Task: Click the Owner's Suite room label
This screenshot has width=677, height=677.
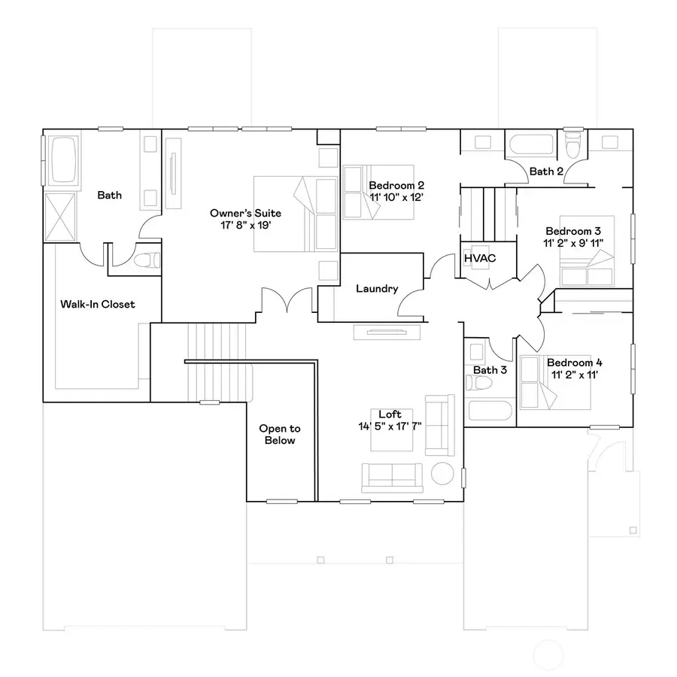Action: coord(245,213)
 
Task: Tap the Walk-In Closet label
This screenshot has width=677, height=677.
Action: coord(98,304)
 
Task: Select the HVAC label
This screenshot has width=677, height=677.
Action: coord(480,258)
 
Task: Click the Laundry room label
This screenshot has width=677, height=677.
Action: coord(377,289)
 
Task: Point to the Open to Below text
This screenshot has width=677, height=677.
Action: coord(280,434)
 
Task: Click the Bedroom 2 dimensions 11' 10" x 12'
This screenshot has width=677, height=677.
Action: coord(396,197)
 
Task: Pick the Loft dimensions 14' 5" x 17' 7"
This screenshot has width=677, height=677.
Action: coord(390,427)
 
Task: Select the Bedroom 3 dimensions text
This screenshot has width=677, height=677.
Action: coord(573,243)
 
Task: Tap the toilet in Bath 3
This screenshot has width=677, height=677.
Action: coord(479,383)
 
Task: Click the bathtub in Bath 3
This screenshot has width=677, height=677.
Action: coord(490,411)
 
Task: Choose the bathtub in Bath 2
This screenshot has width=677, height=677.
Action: coord(531,144)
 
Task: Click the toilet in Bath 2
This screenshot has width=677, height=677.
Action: coord(573,145)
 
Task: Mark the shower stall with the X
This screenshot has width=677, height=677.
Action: coord(60,217)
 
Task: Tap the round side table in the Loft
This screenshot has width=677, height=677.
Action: coord(442,474)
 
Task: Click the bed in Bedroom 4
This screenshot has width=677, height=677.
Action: coord(555,382)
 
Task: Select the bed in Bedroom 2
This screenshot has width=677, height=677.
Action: coord(378,192)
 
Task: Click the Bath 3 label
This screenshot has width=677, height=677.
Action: coord(490,370)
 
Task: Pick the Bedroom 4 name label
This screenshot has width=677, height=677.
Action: coord(575,363)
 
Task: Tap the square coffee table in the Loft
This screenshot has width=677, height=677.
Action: coord(392,430)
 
